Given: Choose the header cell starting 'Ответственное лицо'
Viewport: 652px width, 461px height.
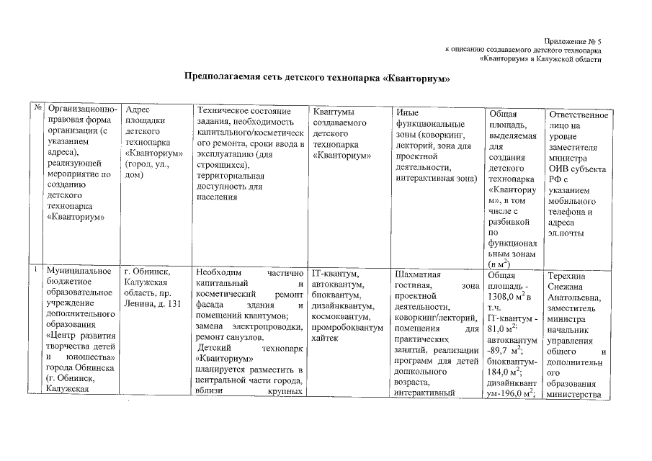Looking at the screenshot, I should pyautogui.click(x=577, y=174).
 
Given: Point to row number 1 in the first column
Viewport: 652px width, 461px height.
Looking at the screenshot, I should pyautogui.click(x=35, y=269).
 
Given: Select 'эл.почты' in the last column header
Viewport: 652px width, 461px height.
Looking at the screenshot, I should pyautogui.click(x=567, y=233).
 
